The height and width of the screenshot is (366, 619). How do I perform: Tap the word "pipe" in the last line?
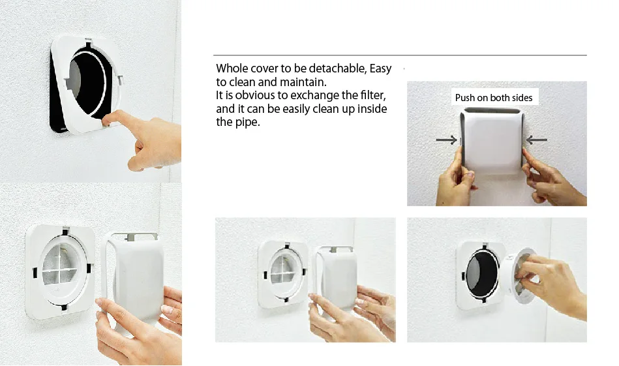(247, 122)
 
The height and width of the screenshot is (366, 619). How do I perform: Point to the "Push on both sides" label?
(494, 98)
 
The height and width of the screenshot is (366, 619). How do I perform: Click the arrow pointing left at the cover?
(537, 139)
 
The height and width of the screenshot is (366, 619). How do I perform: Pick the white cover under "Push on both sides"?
(493, 140)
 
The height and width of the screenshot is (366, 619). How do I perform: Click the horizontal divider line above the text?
(399, 55)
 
